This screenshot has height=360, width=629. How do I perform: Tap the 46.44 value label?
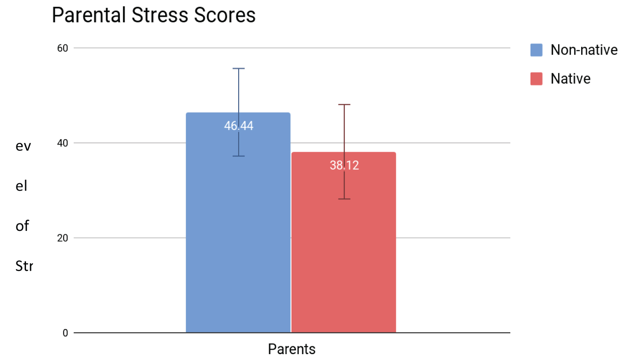(x=239, y=126)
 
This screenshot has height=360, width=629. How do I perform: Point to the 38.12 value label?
(x=344, y=165)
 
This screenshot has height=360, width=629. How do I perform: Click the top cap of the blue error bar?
(x=239, y=68)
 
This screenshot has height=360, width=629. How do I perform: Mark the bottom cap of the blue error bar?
(x=239, y=156)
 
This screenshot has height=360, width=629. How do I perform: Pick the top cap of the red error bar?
(x=344, y=104)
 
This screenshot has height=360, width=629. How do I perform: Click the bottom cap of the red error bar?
(x=344, y=199)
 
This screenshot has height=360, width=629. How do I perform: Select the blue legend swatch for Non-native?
(x=536, y=50)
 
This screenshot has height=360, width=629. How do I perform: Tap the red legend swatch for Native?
(x=536, y=79)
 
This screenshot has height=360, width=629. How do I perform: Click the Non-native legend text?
(x=584, y=50)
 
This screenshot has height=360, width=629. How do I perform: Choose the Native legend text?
(x=570, y=79)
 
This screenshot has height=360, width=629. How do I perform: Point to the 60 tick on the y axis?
(x=62, y=48)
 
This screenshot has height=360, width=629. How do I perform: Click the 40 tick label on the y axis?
(x=62, y=143)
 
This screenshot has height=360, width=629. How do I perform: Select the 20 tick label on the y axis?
(x=62, y=238)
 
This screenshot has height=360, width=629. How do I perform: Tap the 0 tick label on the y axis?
(x=65, y=333)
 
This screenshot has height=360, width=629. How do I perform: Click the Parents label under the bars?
(x=291, y=349)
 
